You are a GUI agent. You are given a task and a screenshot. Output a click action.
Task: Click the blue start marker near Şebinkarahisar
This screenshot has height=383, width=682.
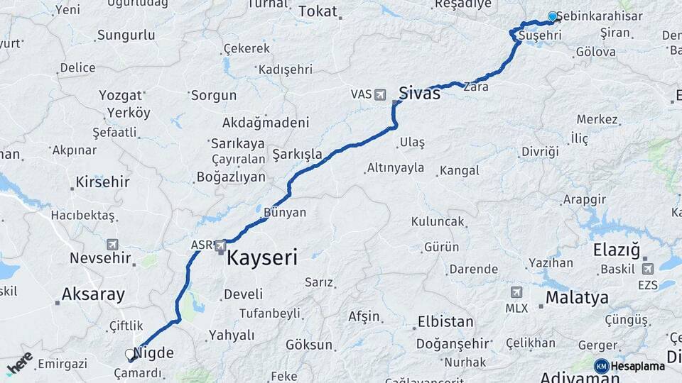(x=553, y=16)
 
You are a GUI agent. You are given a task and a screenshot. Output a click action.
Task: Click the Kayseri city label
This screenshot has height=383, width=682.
(x=261, y=257)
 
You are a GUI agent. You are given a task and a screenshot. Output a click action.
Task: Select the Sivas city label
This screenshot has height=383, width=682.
(x=419, y=92)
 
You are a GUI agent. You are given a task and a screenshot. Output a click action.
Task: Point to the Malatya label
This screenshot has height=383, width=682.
(x=577, y=297)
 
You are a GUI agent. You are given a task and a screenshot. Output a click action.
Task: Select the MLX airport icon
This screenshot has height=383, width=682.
(x=516, y=292)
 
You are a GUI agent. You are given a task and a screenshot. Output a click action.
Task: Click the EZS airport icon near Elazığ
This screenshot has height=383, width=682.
(x=647, y=269)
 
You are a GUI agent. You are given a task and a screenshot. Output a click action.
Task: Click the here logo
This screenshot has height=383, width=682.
(x=20, y=363)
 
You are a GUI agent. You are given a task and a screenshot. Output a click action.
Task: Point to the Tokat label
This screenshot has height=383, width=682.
(x=318, y=11)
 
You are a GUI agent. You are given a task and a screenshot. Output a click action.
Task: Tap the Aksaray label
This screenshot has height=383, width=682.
(x=93, y=294)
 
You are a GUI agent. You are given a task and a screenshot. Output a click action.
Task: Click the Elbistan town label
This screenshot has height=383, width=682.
(x=445, y=321)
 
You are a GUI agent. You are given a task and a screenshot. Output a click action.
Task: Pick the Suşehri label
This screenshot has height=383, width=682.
(x=540, y=35)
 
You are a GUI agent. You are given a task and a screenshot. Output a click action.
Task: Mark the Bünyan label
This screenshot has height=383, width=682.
(x=284, y=212)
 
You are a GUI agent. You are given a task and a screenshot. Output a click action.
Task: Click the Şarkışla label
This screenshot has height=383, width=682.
(x=298, y=155)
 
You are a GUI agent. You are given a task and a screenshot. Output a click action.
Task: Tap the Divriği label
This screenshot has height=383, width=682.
(x=540, y=151)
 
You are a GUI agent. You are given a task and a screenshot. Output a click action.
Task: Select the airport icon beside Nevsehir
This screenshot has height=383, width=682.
(x=112, y=244)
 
